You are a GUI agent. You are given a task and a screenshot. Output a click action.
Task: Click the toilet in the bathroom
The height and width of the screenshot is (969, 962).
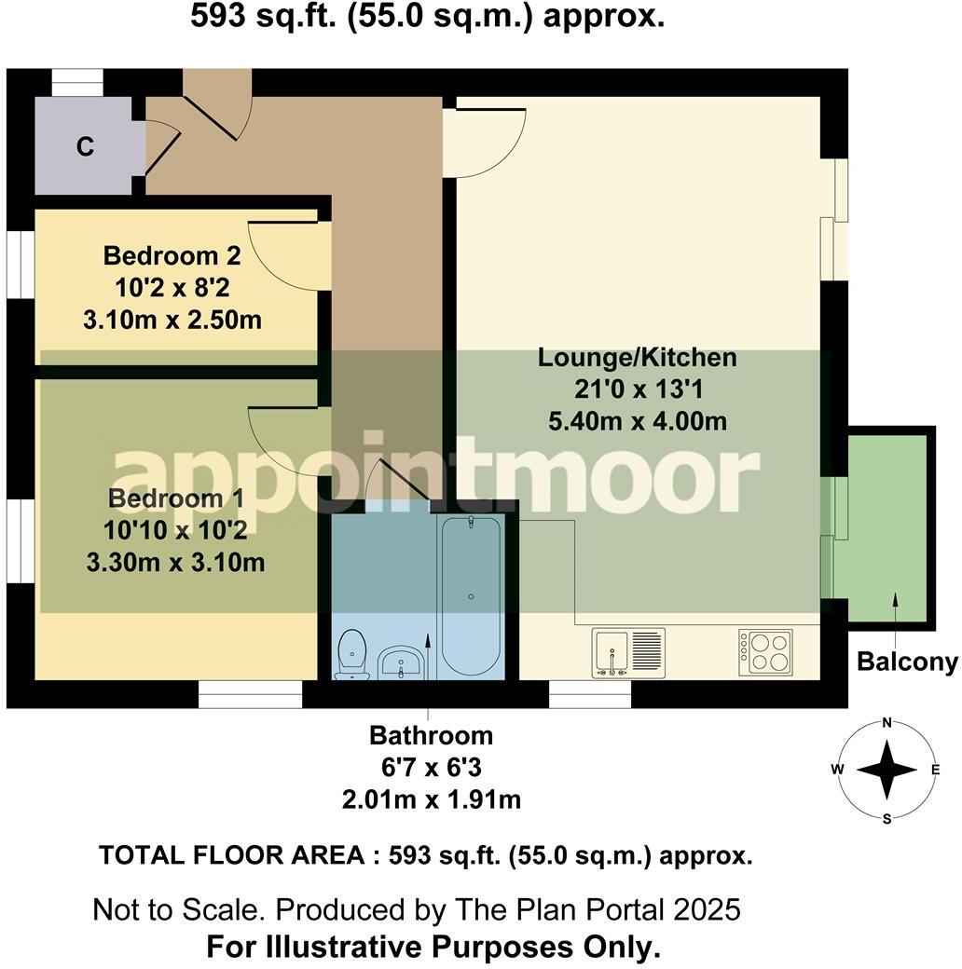(x=352, y=654)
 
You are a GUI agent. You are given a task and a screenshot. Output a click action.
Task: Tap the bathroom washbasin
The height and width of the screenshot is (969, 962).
(x=401, y=662)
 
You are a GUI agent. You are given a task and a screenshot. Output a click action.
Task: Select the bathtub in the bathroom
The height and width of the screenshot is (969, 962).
(x=471, y=596)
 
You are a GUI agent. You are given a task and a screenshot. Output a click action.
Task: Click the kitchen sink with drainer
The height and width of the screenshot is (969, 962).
(x=628, y=653)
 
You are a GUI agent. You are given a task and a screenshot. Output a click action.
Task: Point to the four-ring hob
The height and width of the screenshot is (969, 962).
(x=765, y=652)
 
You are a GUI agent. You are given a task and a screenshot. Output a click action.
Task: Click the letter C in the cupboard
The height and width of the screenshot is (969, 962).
(x=85, y=146)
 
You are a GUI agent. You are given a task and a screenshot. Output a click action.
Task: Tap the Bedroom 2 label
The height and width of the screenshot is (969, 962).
(x=172, y=255)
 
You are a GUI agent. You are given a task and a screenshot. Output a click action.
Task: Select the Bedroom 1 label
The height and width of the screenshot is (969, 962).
(x=175, y=498)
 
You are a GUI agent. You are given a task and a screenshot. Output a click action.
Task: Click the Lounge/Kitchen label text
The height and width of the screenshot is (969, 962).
(x=637, y=358)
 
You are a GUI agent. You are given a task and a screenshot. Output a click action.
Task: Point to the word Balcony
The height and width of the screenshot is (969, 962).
(x=907, y=662)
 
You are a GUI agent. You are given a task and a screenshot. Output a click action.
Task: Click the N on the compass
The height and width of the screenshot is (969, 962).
(x=886, y=722)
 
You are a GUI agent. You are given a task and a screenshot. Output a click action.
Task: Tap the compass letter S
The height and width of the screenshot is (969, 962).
(x=886, y=819)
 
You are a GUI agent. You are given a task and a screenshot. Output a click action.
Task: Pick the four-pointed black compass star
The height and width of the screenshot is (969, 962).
(x=886, y=770)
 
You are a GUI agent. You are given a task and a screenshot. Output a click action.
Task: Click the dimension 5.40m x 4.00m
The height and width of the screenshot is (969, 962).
(x=638, y=421)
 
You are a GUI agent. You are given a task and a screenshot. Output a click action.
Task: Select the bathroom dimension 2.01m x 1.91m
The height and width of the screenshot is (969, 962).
(x=432, y=799)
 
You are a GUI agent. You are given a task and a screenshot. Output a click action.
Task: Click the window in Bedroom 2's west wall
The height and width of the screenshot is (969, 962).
(x=21, y=266)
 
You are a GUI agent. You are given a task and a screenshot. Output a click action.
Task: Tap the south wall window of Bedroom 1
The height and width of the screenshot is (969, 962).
(x=251, y=695)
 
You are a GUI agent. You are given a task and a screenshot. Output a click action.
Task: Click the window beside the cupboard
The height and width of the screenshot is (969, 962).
(x=76, y=82)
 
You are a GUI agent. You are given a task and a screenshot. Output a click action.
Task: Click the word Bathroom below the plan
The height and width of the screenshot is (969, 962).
(x=431, y=735)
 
